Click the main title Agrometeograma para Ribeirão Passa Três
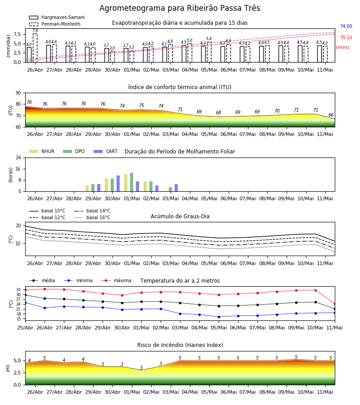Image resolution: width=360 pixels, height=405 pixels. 180,8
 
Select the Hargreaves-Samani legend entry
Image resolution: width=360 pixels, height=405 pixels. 57,17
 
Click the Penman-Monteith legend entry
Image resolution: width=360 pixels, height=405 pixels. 55,24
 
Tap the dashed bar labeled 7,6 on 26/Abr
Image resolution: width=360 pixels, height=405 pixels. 35,48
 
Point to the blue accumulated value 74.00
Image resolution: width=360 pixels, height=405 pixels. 346,27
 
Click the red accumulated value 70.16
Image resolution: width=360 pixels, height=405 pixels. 346,38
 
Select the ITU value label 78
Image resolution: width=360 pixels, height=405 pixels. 29,102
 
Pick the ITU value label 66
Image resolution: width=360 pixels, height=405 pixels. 331,115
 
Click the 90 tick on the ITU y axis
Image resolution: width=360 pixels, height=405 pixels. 18,93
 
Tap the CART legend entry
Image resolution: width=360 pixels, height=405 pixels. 106,151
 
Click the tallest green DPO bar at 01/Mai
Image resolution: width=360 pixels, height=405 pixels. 132,182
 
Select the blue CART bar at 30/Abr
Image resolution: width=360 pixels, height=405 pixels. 118,184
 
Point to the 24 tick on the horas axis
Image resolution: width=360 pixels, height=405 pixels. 18,157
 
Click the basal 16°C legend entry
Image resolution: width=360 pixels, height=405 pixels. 92,217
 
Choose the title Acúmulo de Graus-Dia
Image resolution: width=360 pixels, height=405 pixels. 180,216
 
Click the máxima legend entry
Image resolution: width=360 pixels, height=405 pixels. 116,280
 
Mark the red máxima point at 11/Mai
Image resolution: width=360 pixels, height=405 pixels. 335,304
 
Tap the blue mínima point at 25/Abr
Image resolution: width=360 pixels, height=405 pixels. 25,302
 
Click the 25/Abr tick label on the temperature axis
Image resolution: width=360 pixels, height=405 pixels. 25,328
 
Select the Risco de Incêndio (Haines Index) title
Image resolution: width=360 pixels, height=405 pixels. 180,345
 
